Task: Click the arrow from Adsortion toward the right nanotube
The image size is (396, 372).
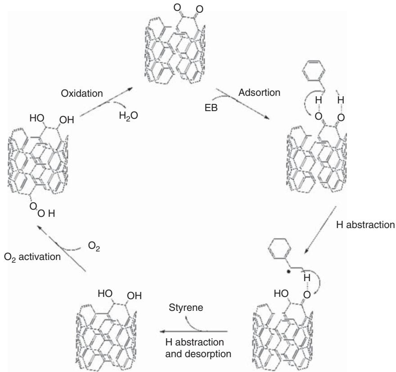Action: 250,108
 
